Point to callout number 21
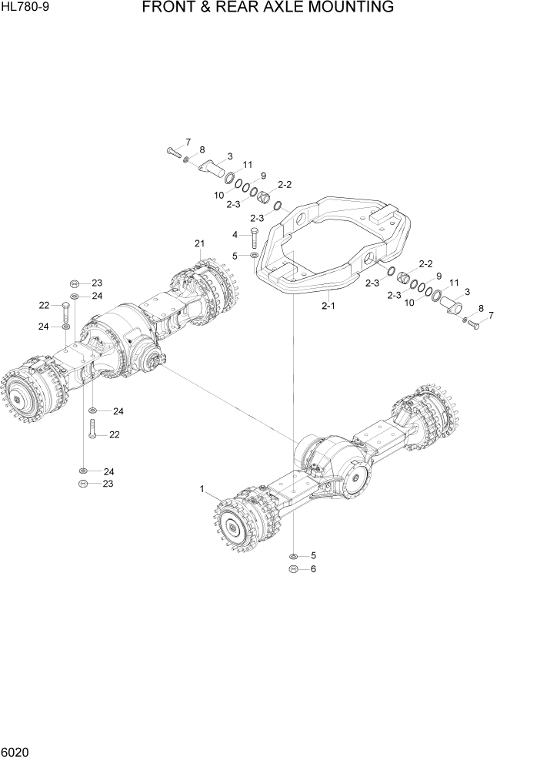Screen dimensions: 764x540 (x=199, y=244)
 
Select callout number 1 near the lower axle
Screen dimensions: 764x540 (x=202, y=488)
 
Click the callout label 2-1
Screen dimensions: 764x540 (x=328, y=307)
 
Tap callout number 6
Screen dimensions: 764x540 (x=312, y=569)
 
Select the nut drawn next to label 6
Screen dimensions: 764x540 (x=293, y=569)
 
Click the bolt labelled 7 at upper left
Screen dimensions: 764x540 (x=172, y=151)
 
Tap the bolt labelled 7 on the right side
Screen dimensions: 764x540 (x=472, y=324)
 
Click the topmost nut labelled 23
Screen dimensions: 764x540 (x=74, y=283)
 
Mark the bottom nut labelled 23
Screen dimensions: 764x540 (x=83, y=484)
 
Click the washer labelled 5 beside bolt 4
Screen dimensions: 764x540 (x=254, y=255)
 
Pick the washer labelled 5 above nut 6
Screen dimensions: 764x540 (x=293, y=555)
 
